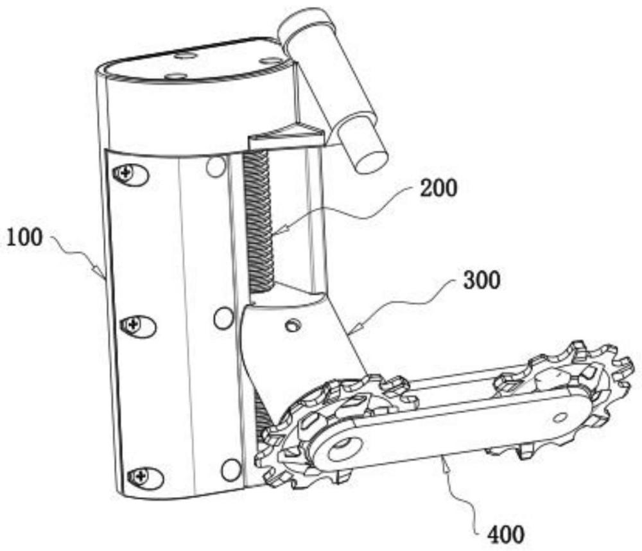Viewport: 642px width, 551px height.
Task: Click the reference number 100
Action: point(24,238)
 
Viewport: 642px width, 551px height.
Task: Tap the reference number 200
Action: point(439,189)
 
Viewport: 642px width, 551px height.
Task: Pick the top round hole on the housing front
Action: point(216,166)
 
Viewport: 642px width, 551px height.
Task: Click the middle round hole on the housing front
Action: point(223,318)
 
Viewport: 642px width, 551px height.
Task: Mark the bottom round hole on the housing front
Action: point(230,469)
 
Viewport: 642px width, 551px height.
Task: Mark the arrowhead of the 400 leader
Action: point(444,457)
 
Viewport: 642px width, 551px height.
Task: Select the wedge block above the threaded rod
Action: point(285,136)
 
